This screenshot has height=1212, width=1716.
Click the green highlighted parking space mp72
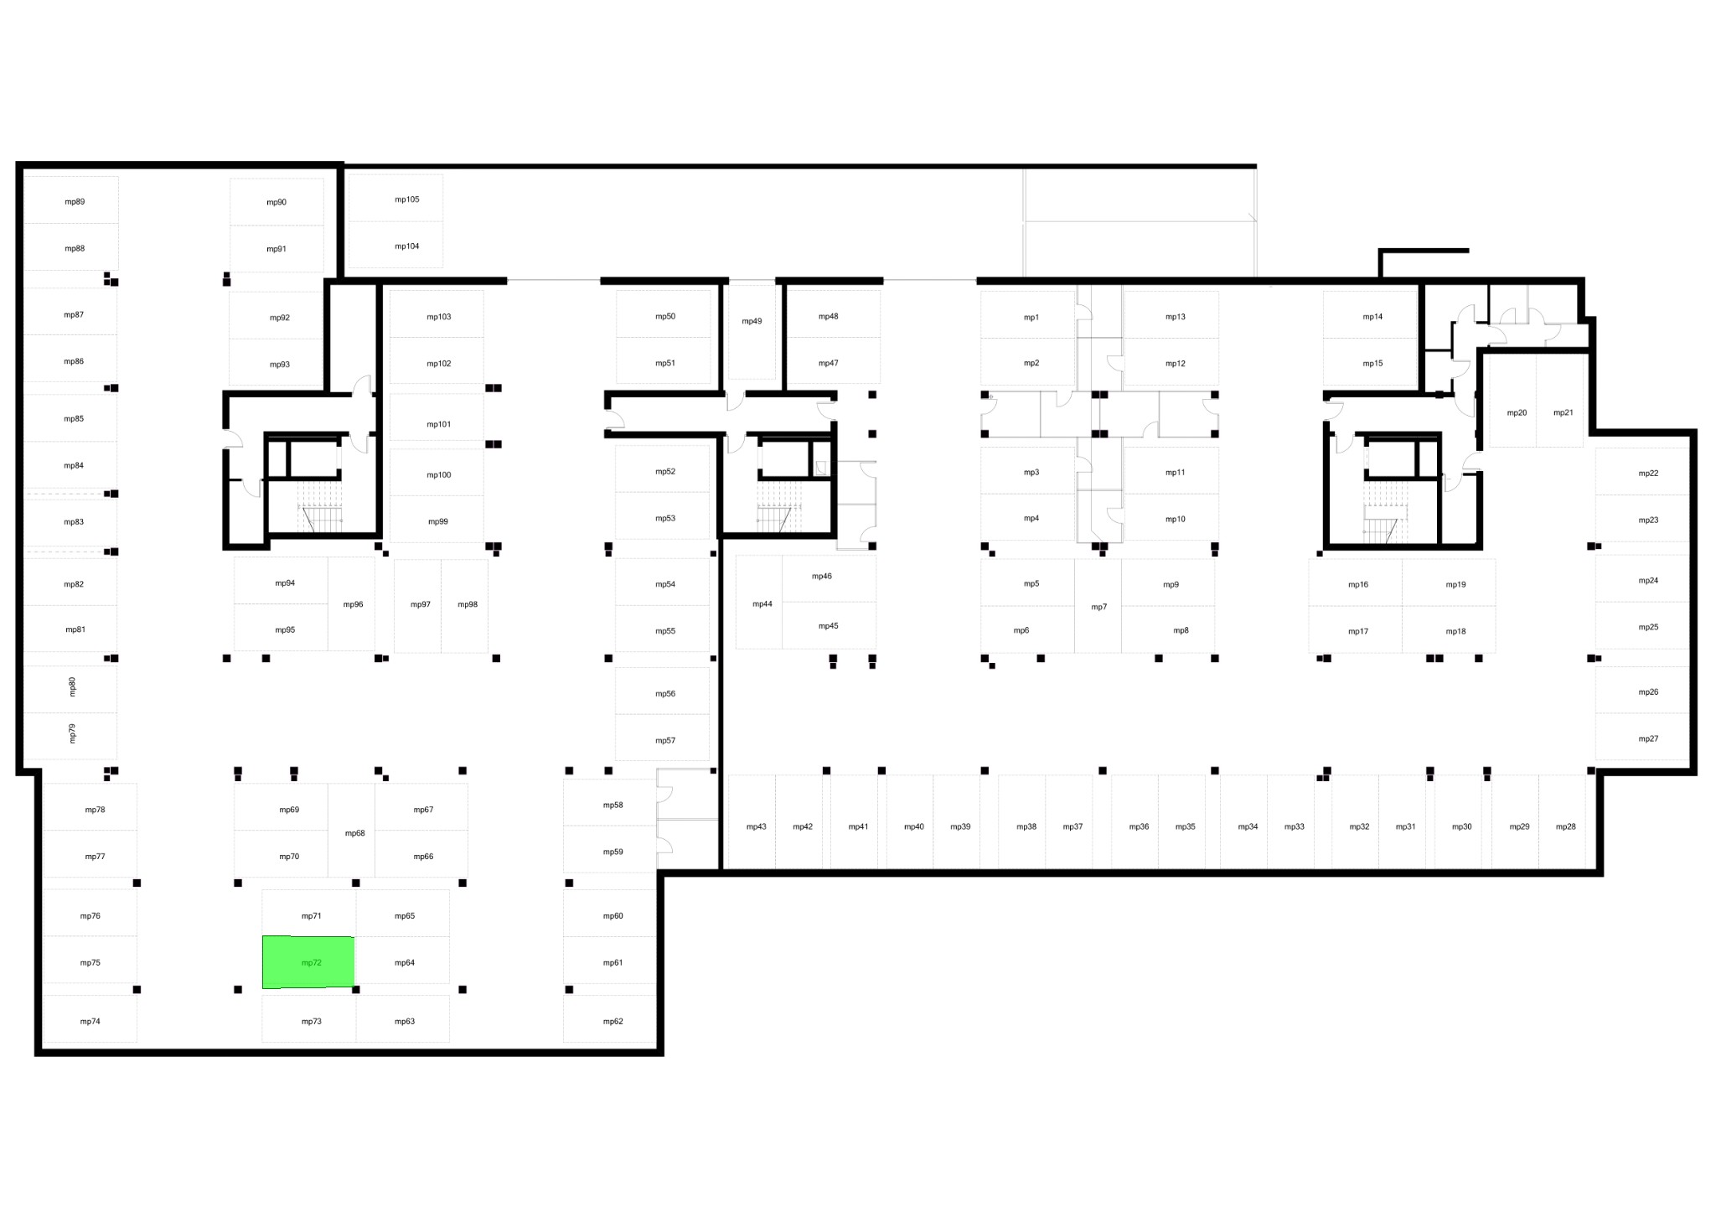pyautogui.click(x=308, y=962)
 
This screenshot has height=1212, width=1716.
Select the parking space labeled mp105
pyautogui.click(x=395, y=199)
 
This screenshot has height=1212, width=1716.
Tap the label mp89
pyautogui.click(x=75, y=202)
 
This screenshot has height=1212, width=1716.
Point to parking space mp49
pyautogui.click(x=752, y=332)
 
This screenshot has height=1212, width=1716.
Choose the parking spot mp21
pyautogui.click(x=1560, y=401)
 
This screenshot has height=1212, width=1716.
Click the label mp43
pyautogui.click(x=757, y=827)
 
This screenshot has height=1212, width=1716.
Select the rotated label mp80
pyautogui.click(x=72, y=686)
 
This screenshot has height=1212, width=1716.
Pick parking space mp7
pyautogui.click(x=1098, y=606)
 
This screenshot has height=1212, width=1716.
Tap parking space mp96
pyautogui.click(x=351, y=603)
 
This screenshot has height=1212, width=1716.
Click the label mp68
pyautogui.click(x=355, y=833)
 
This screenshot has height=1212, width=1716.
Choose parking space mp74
pyautogui.click(x=90, y=1019)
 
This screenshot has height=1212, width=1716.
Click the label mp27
pyautogui.click(x=1648, y=739)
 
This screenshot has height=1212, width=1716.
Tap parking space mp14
pyautogui.click(x=1370, y=314)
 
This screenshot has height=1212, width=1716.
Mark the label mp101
pyautogui.click(x=439, y=425)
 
